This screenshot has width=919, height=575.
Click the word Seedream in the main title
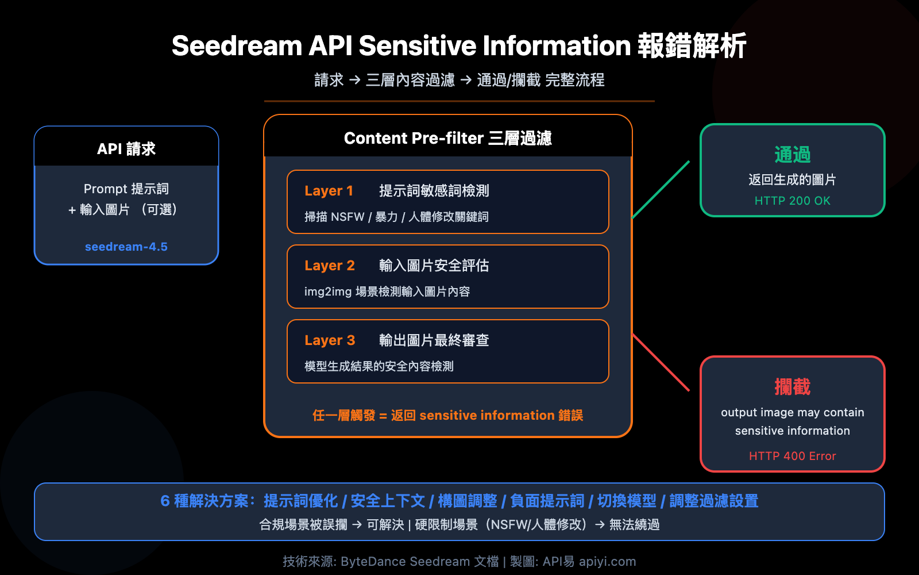coord(237,46)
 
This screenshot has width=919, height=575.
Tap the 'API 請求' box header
coord(126,149)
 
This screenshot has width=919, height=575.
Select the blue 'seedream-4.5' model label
coord(126,247)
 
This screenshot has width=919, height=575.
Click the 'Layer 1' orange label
coord(329,191)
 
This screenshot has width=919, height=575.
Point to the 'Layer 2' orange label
coord(330,266)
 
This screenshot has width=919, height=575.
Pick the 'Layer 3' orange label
coord(330,340)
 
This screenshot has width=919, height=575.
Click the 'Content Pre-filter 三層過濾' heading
coord(447,139)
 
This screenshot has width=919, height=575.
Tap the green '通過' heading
coord(792,154)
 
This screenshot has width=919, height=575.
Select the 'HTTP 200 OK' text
coord(792,201)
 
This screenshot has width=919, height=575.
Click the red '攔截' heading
coord(792,387)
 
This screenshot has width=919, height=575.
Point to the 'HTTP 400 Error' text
coord(792,456)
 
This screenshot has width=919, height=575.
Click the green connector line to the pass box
coord(661,190)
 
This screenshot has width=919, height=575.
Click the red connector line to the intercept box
coord(661,362)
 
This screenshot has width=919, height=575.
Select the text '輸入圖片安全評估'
coord(434,266)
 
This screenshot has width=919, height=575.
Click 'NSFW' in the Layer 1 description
coord(347,217)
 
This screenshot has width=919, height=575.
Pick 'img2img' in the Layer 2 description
coord(327,292)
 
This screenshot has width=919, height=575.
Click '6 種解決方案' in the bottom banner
coord(204,501)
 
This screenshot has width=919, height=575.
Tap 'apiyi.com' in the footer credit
coord(607,561)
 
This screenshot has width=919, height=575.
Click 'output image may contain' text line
coord(792,412)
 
